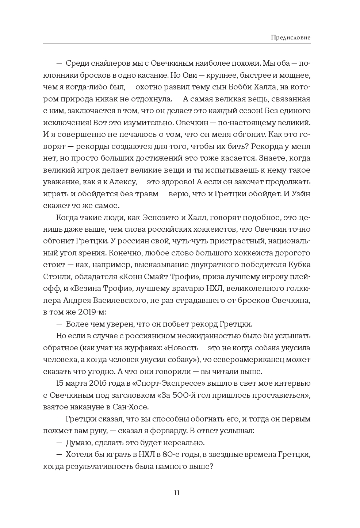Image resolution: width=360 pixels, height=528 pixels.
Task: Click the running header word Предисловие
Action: [291, 37]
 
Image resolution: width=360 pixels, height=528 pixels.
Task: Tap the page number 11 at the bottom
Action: [177, 493]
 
